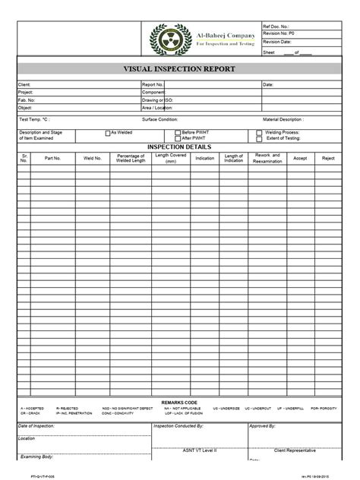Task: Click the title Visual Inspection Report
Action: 180,68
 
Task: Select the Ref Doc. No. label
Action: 276,26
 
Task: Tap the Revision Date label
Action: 277,43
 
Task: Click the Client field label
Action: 25,84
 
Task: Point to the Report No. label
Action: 153,84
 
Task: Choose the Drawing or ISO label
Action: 158,100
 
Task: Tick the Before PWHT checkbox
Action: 178,132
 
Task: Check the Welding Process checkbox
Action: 260,132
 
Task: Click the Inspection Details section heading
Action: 179,146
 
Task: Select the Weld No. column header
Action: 93,158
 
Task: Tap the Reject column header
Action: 328,158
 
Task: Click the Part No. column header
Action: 52,158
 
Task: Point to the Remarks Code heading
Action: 180,401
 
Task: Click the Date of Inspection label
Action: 37,427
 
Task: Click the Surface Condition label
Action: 160,119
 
